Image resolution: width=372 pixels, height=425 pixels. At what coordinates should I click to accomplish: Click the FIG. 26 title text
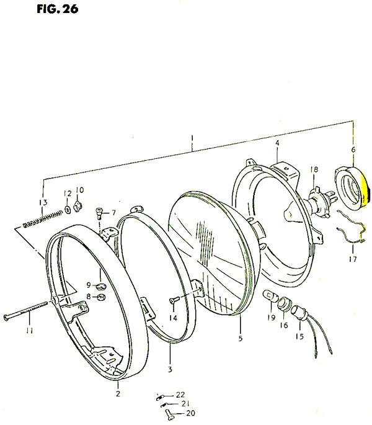click(x=58, y=9)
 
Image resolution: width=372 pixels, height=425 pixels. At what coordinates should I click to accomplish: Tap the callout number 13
click(x=43, y=202)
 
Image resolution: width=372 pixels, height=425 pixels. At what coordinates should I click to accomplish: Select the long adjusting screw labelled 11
click(x=26, y=310)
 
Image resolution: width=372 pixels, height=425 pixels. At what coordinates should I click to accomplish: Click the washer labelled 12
click(x=68, y=210)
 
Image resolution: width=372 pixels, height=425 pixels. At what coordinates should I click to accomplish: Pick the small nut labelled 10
click(x=78, y=206)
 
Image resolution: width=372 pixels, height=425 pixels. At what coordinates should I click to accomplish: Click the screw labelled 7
click(x=99, y=213)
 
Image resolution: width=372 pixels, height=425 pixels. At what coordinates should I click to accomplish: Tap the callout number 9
click(x=89, y=285)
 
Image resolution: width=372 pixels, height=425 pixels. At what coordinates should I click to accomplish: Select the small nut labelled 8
click(x=101, y=297)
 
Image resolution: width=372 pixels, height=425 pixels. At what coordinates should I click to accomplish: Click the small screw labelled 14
click(x=174, y=300)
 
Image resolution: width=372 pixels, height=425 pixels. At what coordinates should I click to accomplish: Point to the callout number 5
click(x=241, y=338)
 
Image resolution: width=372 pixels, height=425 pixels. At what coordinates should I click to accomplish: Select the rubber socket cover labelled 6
click(x=351, y=189)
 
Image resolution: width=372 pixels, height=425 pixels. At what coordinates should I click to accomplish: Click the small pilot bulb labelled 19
click(x=270, y=296)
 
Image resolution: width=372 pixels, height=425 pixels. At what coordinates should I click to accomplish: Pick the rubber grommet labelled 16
click(x=285, y=304)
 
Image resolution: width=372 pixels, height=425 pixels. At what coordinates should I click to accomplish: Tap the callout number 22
click(x=180, y=395)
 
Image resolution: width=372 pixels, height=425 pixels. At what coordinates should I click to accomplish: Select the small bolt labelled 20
click(x=169, y=414)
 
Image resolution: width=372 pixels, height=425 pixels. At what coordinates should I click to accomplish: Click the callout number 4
click(x=277, y=143)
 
